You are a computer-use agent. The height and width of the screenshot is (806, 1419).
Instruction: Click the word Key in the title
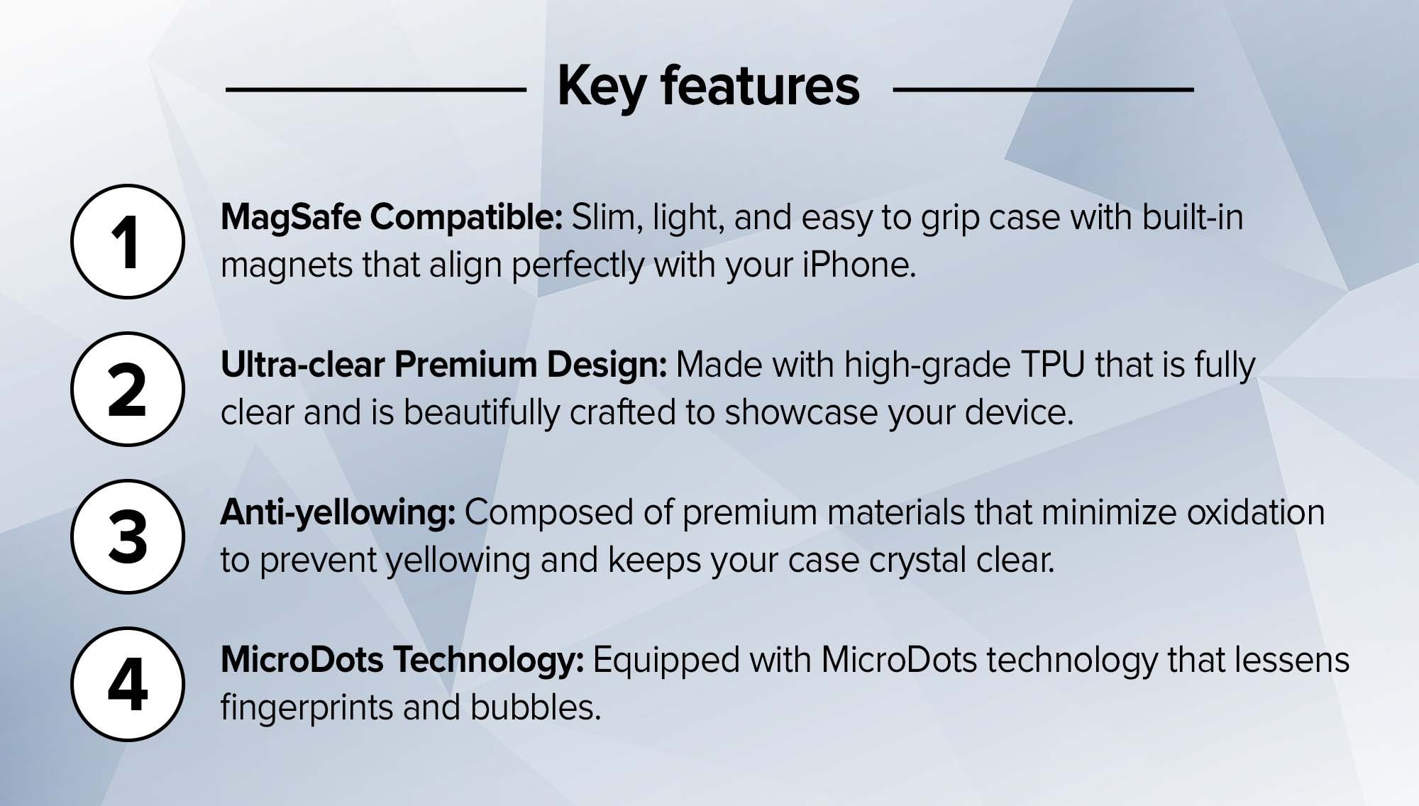[601, 87]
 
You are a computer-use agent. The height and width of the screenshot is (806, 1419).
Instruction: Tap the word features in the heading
[760, 86]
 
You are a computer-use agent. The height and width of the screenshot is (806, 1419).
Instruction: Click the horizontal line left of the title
[376, 89]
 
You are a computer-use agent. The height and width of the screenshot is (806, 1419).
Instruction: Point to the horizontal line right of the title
[1043, 89]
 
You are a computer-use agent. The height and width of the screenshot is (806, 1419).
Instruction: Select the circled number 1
[128, 241]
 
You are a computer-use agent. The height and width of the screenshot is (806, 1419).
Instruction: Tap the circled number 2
[128, 389]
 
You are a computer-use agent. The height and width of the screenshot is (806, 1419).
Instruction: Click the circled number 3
[128, 536]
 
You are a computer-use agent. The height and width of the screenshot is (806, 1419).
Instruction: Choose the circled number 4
[128, 684]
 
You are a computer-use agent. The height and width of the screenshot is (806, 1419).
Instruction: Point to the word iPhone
[859, 265]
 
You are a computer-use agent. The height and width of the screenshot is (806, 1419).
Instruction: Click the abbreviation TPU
[1053, 365]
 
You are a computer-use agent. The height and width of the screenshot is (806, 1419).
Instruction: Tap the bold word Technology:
[489, 661]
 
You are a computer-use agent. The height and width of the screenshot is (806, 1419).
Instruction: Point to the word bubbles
[536, 707]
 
